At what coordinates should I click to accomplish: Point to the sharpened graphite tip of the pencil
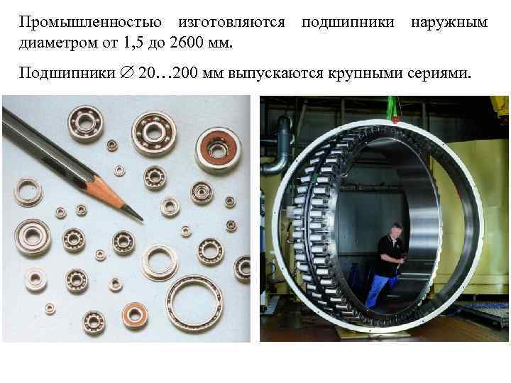coord(136,213)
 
